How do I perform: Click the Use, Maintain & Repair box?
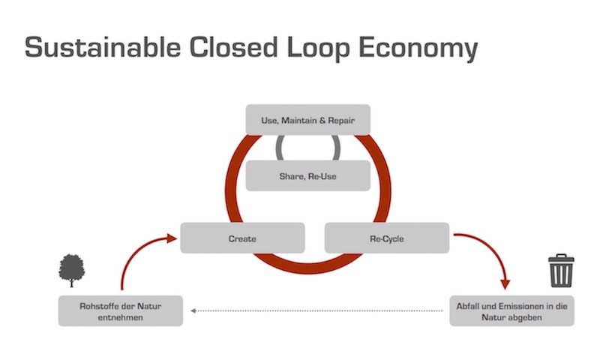click(x=308, y=119)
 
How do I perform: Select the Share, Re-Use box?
click(x=308, y=175)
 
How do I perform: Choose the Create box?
click(x=242, y=238)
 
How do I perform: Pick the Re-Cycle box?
click(x=387, y=238)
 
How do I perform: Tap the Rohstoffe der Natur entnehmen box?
click(x=121, y=310)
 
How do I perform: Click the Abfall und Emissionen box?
click(x=512, y=310)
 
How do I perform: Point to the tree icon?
click(x=71, y=269)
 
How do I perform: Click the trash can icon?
click(x=560, y=271)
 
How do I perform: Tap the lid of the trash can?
click(x=560, y=259)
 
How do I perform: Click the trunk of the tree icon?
click(x=71, y=282)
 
